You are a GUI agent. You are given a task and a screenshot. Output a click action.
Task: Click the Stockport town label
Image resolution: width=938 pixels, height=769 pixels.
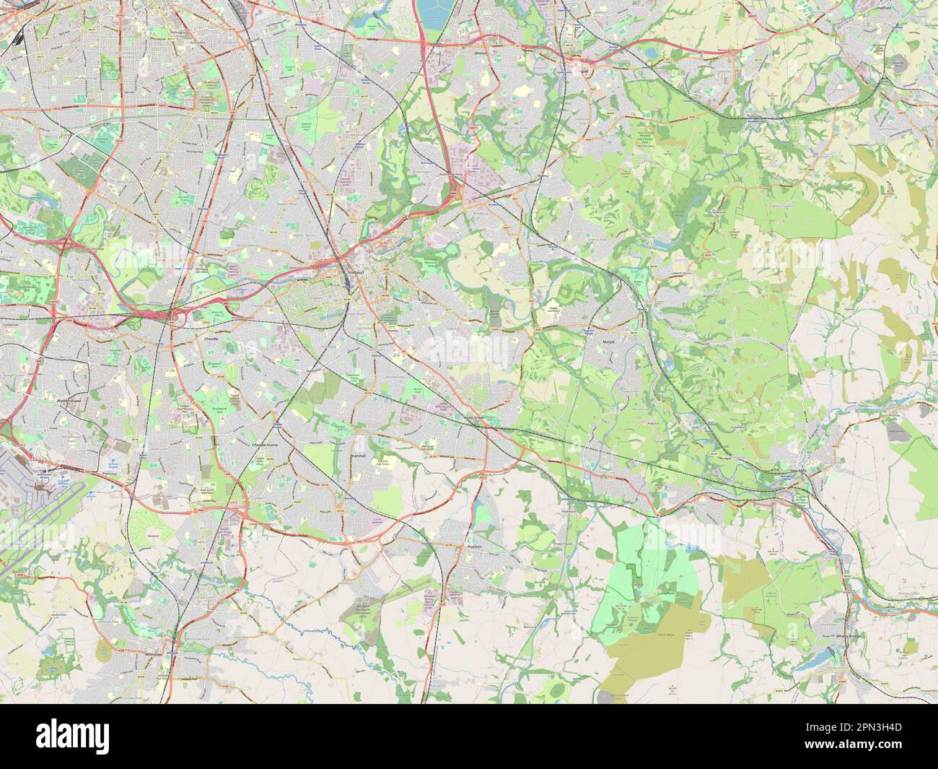pos(353,271)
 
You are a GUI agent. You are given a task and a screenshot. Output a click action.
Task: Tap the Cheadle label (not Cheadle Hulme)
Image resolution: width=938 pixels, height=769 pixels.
pos(211,337)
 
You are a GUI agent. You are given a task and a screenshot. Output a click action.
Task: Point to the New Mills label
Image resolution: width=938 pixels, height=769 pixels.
pos(797,471)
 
